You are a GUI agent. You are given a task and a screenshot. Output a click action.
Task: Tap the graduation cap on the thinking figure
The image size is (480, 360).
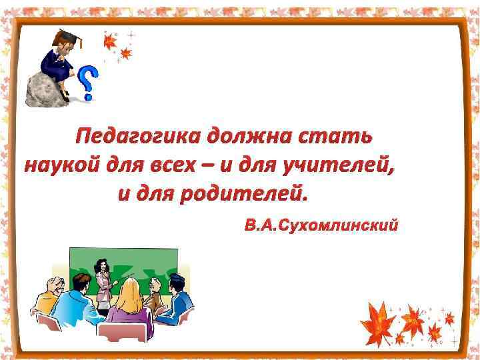pyautogui.click(x=67, y=37)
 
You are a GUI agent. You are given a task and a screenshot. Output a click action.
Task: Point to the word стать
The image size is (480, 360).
pyautogui.click(x=336, y=137)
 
